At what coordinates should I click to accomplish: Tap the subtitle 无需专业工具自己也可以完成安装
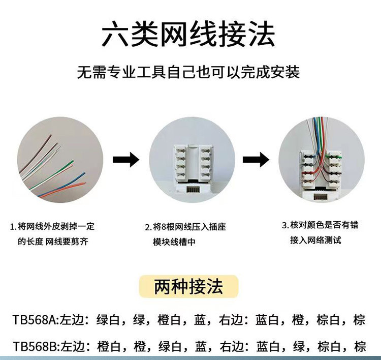tap(188, 72)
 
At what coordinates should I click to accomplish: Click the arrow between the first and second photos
tap(125, 161)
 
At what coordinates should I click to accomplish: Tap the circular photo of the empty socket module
tap(192, 160)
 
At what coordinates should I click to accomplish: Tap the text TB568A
tap(34, 320)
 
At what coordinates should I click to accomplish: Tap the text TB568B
tap(34, 347)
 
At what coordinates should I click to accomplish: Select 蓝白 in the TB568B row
tap(268, 347)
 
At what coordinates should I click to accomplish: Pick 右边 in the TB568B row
tap(230, 347)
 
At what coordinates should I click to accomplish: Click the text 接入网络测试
tap(316, 239)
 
